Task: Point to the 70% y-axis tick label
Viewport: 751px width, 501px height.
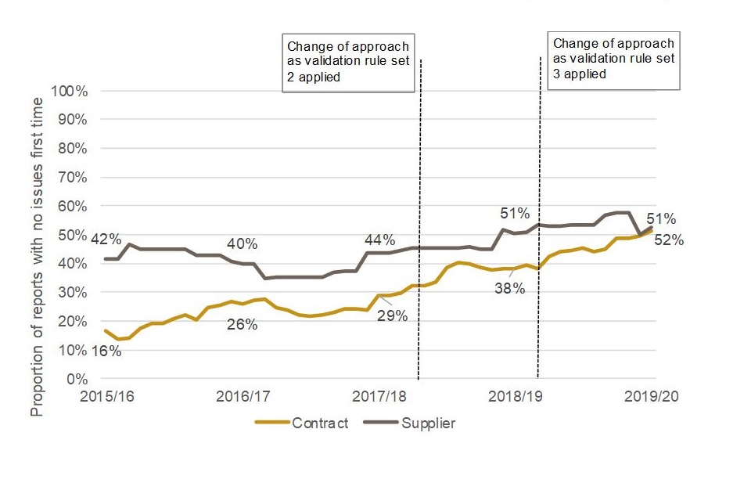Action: [x=71, y=178]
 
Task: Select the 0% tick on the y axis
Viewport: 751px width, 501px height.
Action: [x=77, y=379]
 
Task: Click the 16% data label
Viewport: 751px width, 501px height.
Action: [x=106, y=351]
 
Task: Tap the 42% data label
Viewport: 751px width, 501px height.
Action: [x=106, y=239]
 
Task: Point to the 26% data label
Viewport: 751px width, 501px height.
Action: [x=242, y=324]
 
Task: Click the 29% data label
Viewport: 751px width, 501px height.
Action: [x=392, y=316]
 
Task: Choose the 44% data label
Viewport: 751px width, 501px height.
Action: [x=380, y=240]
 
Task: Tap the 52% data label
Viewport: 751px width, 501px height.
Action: [x=670, y=240]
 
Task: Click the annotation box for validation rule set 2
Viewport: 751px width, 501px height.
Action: [x=348, y=63]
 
